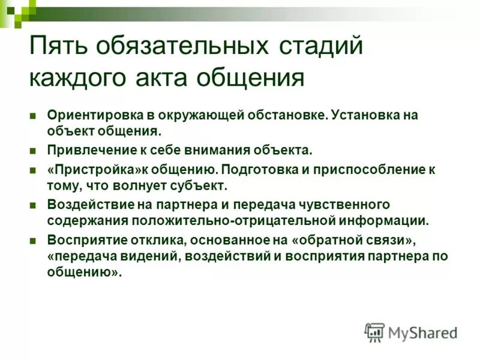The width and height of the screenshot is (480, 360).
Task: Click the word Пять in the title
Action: tap(56, 47)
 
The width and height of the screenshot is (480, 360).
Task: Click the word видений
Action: tap(154, 256)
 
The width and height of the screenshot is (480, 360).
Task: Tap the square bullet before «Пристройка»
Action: tap(34, 169)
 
